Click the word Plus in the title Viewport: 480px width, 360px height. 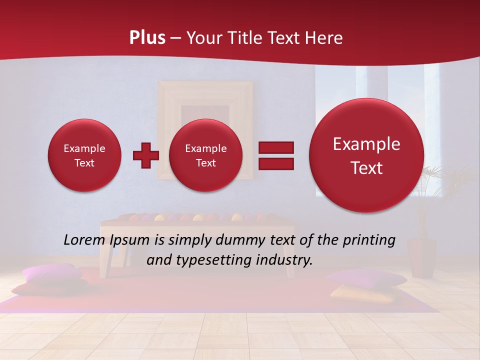(x=147, y=37)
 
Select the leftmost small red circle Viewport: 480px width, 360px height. (x=84, y=155)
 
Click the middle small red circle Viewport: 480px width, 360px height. (x=205, y=155)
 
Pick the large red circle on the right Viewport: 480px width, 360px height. (x=366, y=155)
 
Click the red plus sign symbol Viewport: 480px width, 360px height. (x=146, y=155)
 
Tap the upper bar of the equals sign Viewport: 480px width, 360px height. (x=276, y=147)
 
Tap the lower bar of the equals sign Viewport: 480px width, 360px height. (x=276, y=164)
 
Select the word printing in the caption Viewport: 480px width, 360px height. (x=368, y=240)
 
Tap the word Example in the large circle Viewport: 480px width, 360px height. (x=366, y=144)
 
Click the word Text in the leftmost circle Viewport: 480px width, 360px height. (x=84, y=163)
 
